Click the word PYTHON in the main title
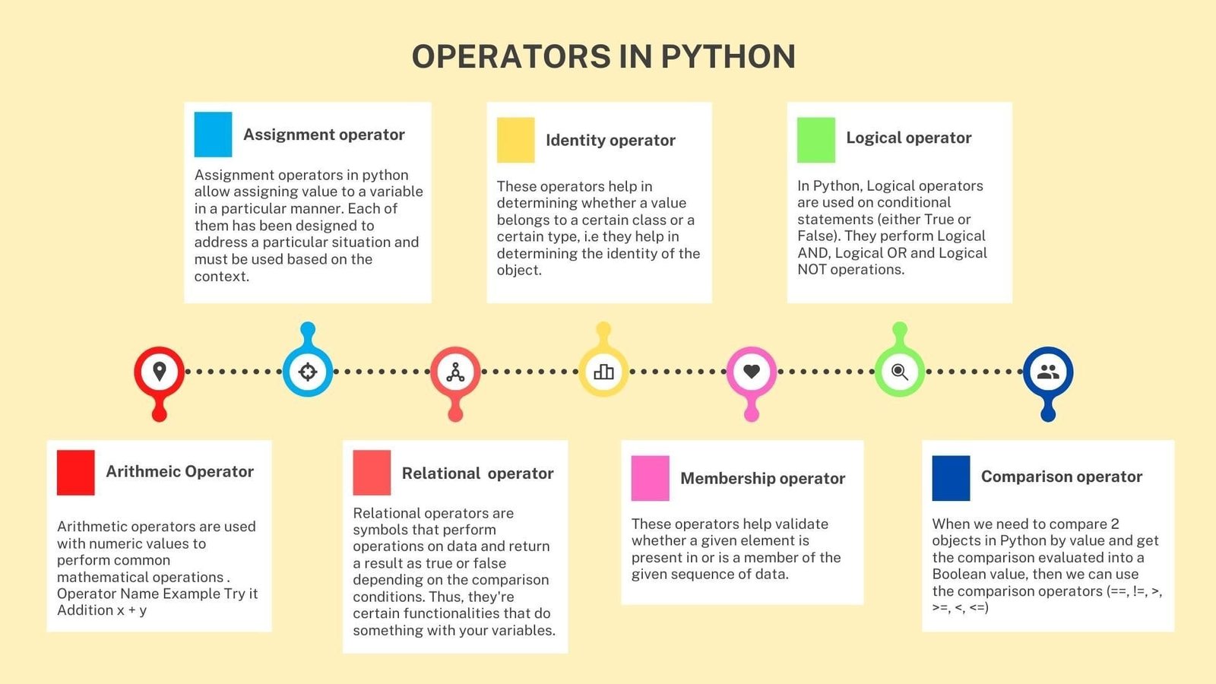point(728,56)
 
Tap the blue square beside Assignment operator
point(213,134)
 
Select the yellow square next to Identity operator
point(516,140)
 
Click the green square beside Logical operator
point(816,140)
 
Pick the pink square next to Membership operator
point(650,478)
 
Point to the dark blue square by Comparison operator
point(951,478)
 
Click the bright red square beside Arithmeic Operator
point(75,473)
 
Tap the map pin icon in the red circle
point(159,372)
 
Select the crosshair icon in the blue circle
point(307,372)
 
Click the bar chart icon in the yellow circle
point(603,372)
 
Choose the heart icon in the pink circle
point(752,372)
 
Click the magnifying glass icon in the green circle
point(900,372)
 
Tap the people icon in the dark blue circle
point(1048,372)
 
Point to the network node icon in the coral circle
point(455,372)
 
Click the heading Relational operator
point(477,473)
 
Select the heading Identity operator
point(610,141)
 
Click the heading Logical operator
point(909,138)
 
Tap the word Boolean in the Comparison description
point(958,574)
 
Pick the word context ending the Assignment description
point(221,277)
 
